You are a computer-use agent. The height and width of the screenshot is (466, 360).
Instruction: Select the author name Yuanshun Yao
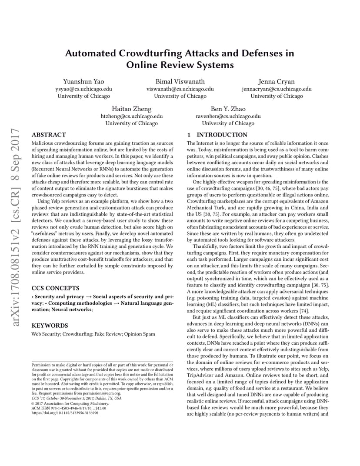(x=83, y=81)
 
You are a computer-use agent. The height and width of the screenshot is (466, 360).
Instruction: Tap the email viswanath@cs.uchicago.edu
(x=180, y=89)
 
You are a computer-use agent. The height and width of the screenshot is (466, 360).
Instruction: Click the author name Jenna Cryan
(x=277, y=81)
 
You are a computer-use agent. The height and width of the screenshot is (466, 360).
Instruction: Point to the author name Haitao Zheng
(x=132, y=109)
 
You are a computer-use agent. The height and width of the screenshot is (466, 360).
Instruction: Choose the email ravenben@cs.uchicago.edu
(x=228, y=116)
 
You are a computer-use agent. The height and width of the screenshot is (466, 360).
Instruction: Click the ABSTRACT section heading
(x=49, y=135)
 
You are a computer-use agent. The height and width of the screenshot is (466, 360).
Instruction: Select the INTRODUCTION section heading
(x=222, y=135)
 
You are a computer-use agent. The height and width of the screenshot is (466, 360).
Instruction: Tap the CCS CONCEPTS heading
(x=55, y=288)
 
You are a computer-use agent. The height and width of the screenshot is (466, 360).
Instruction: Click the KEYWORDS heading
(x=50, y=325)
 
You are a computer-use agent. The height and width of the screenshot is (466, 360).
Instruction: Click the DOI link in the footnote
(x=65, y=413)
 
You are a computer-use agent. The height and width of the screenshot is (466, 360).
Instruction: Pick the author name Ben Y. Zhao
(x=228, y=109)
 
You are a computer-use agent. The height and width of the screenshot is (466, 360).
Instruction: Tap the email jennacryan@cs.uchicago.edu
(x=277, y=89)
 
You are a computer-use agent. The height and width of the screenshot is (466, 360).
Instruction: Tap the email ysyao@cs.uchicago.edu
(x=83, y=89)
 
